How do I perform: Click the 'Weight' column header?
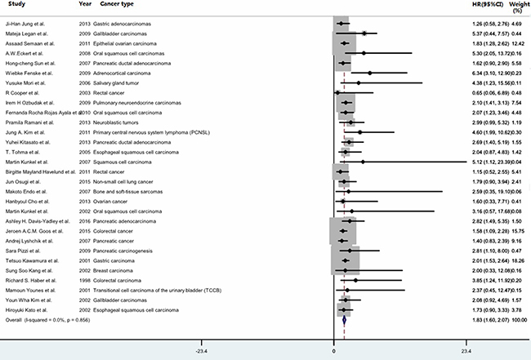point(518,6)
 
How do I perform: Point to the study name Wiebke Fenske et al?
point(33,73)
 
